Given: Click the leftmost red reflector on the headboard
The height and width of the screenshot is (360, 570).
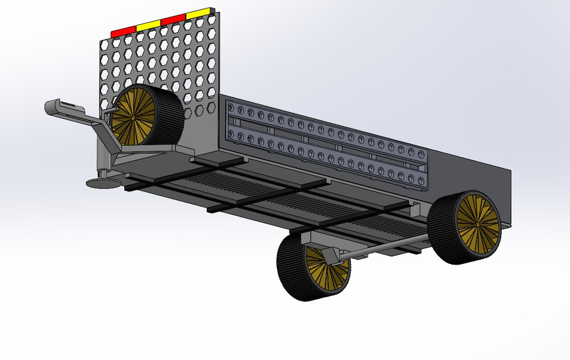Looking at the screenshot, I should pos(123,30).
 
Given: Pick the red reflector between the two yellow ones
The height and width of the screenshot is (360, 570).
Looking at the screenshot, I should pos(173,19).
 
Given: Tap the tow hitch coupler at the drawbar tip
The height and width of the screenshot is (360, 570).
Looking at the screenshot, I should pos(59,108).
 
